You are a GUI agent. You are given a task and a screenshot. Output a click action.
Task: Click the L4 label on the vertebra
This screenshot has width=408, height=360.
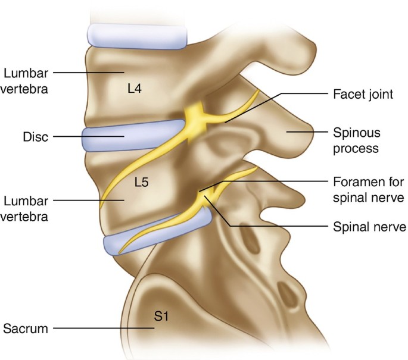(x=137, y=89)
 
